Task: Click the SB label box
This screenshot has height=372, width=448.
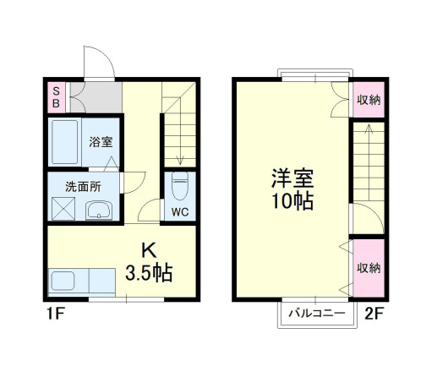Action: click(x=57, y=97)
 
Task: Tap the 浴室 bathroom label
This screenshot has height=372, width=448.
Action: click(x=101, y=142)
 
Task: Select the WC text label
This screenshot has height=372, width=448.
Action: click(x=180, y=211)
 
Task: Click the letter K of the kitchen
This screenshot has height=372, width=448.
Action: click(x=149, y=251)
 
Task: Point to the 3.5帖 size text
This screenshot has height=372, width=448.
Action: click(x=150, y=273)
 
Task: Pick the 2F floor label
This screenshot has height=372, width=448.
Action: click(x=374, y=314)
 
